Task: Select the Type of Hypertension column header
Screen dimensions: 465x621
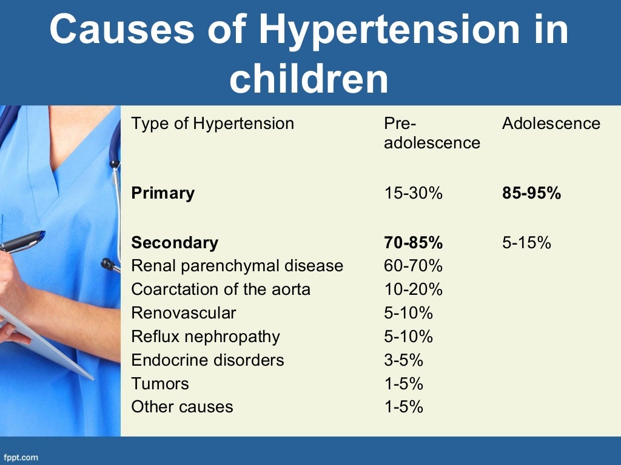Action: (212, 124)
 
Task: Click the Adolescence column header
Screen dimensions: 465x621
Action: (551, 124)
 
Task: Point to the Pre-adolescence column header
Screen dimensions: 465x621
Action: (432, 133)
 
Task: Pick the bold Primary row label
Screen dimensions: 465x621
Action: (163, 193)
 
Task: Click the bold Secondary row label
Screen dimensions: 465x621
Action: (175, 243)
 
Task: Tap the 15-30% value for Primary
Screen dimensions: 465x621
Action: (413, 193)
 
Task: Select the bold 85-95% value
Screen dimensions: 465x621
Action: (531, 193)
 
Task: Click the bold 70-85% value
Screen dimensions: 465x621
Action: (413, 243)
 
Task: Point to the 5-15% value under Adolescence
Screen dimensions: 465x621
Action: (526, 243)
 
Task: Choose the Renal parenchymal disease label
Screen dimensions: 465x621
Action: (237, 266)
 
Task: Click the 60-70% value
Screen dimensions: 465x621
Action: (413, 266)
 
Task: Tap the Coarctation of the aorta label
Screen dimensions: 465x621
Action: (221, 289)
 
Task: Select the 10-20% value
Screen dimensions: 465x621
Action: (413, 289)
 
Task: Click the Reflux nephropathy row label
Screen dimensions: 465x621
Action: (206, 337)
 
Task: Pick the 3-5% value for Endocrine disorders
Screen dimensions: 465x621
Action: (403, 360)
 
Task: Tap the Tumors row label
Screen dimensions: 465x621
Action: (160, 384)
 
